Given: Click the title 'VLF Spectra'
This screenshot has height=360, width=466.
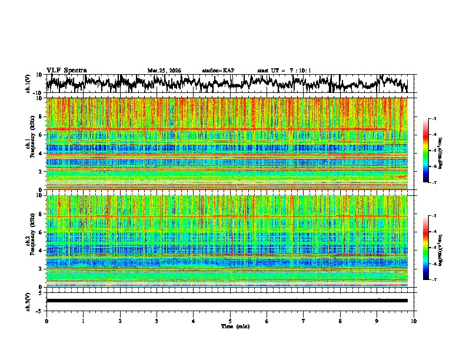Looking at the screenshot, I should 66,70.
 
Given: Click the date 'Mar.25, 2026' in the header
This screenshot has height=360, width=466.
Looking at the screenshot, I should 164,71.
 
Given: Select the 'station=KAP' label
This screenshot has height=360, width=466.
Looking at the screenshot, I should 218,71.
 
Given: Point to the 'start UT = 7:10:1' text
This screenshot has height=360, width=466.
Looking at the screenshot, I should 284,71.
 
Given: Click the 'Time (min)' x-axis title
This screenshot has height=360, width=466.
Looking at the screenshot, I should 230,326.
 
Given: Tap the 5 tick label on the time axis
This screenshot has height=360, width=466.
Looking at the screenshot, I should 230,321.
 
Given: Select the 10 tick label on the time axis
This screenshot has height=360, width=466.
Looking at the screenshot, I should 414,321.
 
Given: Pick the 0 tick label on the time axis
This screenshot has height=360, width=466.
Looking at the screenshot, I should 46,321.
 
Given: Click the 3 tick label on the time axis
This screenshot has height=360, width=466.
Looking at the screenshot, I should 157,321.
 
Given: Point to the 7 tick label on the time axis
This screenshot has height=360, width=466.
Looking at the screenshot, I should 304,321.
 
